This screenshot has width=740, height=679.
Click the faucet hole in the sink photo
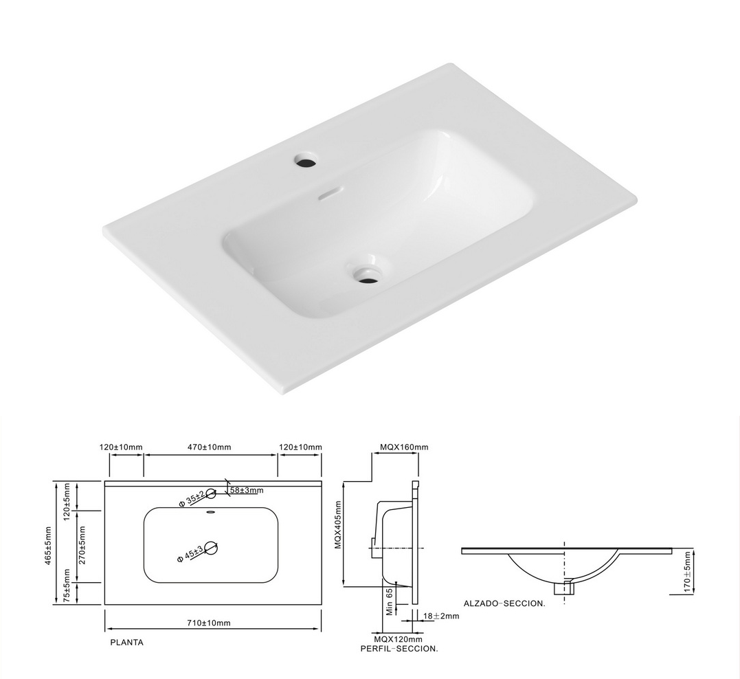tap(306, 161)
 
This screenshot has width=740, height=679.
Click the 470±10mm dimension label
tap(210, 447)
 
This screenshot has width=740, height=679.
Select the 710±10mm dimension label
tap(209, 623)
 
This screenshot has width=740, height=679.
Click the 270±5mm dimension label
tap(82, 547)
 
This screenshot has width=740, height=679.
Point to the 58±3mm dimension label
tap(247, 490)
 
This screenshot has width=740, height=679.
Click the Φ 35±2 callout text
tap(192, 499)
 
